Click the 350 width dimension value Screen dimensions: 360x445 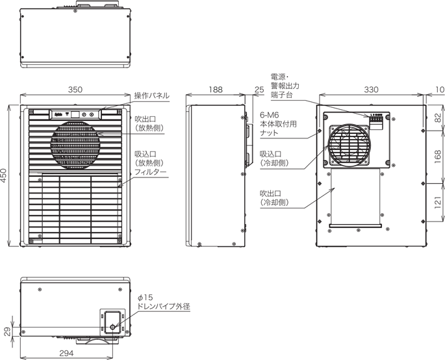click(x=75, y=90)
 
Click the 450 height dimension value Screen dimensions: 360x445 click(x=5, y=176)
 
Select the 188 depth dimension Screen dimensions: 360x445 click(x=216, y=90)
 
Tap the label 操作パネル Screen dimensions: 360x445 click(x=151, y=96)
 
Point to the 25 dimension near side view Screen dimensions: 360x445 click(x=259, y=90)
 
